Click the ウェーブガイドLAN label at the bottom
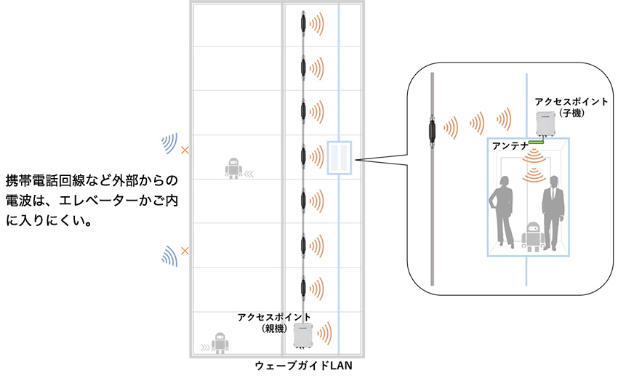tap(303, 366)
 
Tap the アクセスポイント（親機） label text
tap(274, 323)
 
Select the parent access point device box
tap(303, 336)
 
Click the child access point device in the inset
tap(545, 124)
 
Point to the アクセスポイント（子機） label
tap(571, 107)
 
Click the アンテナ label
tap(510, 146)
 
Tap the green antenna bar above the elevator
tap(536, 142)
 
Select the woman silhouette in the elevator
tap(502, 212)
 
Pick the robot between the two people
tap(533, 236)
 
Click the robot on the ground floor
tap(220, 342)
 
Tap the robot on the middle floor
tap(233, 169)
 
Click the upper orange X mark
tap(185, 150)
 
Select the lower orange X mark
tap(185, 251)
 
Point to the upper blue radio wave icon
tap(170, 143)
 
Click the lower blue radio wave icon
tap(170, 256)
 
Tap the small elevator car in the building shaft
tap(340, 158)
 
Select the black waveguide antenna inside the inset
tap(432, 131)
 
